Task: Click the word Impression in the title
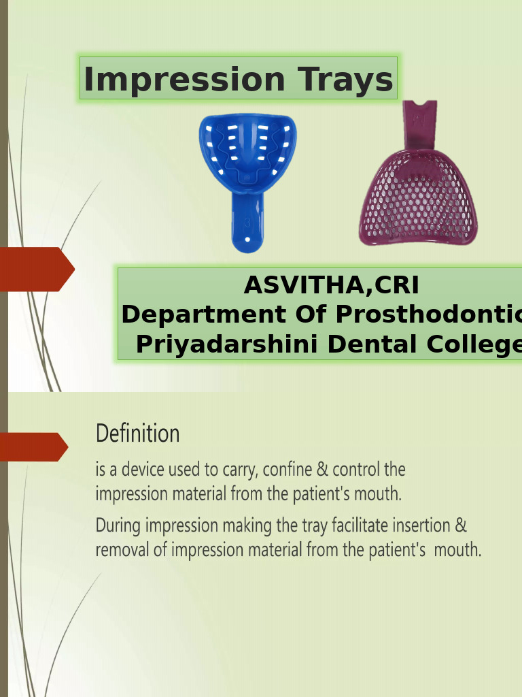pos(181,80)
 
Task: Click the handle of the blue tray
pos(247,221)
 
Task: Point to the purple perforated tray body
pos(418,201)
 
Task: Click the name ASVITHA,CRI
pos(331,285)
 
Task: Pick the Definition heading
pos(137,434)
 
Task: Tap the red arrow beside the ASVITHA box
pos(35,270)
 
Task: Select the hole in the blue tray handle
pos(247,240)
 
